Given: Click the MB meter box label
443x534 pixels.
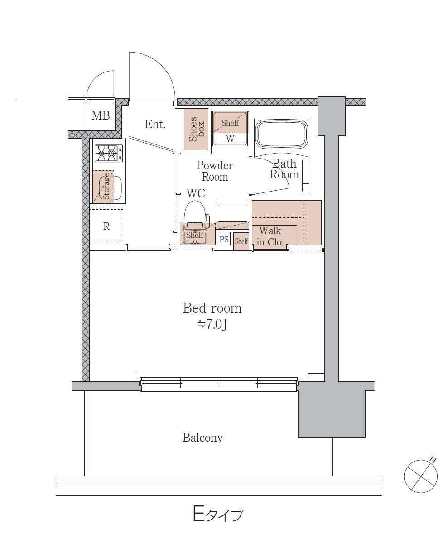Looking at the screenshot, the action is pos(101,115).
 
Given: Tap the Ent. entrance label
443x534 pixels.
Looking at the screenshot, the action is pos(155,124).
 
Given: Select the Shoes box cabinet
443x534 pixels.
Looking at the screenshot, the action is pos(196,129).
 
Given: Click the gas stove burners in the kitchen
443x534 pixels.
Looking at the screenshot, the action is pos(106,153).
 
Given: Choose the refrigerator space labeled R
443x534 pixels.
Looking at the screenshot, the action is pos(106,226).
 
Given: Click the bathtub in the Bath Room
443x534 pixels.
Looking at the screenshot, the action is pos(282,134).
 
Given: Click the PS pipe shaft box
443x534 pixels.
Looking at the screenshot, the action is pos(224,240).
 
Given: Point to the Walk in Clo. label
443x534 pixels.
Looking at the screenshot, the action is pos(270,236).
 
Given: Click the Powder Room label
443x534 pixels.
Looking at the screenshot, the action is pos(215,171).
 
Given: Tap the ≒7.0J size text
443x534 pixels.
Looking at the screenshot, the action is pos(212,325).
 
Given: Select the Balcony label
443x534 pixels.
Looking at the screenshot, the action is pos(202,438).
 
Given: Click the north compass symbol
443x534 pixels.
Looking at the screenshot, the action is pos(421,476).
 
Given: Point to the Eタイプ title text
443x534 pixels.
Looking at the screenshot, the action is pos(218,514).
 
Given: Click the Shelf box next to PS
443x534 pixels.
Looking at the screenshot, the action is pos(241,241).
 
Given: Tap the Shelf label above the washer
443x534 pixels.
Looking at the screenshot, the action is pos(230,123).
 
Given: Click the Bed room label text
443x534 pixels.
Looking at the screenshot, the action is pos(212,308).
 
